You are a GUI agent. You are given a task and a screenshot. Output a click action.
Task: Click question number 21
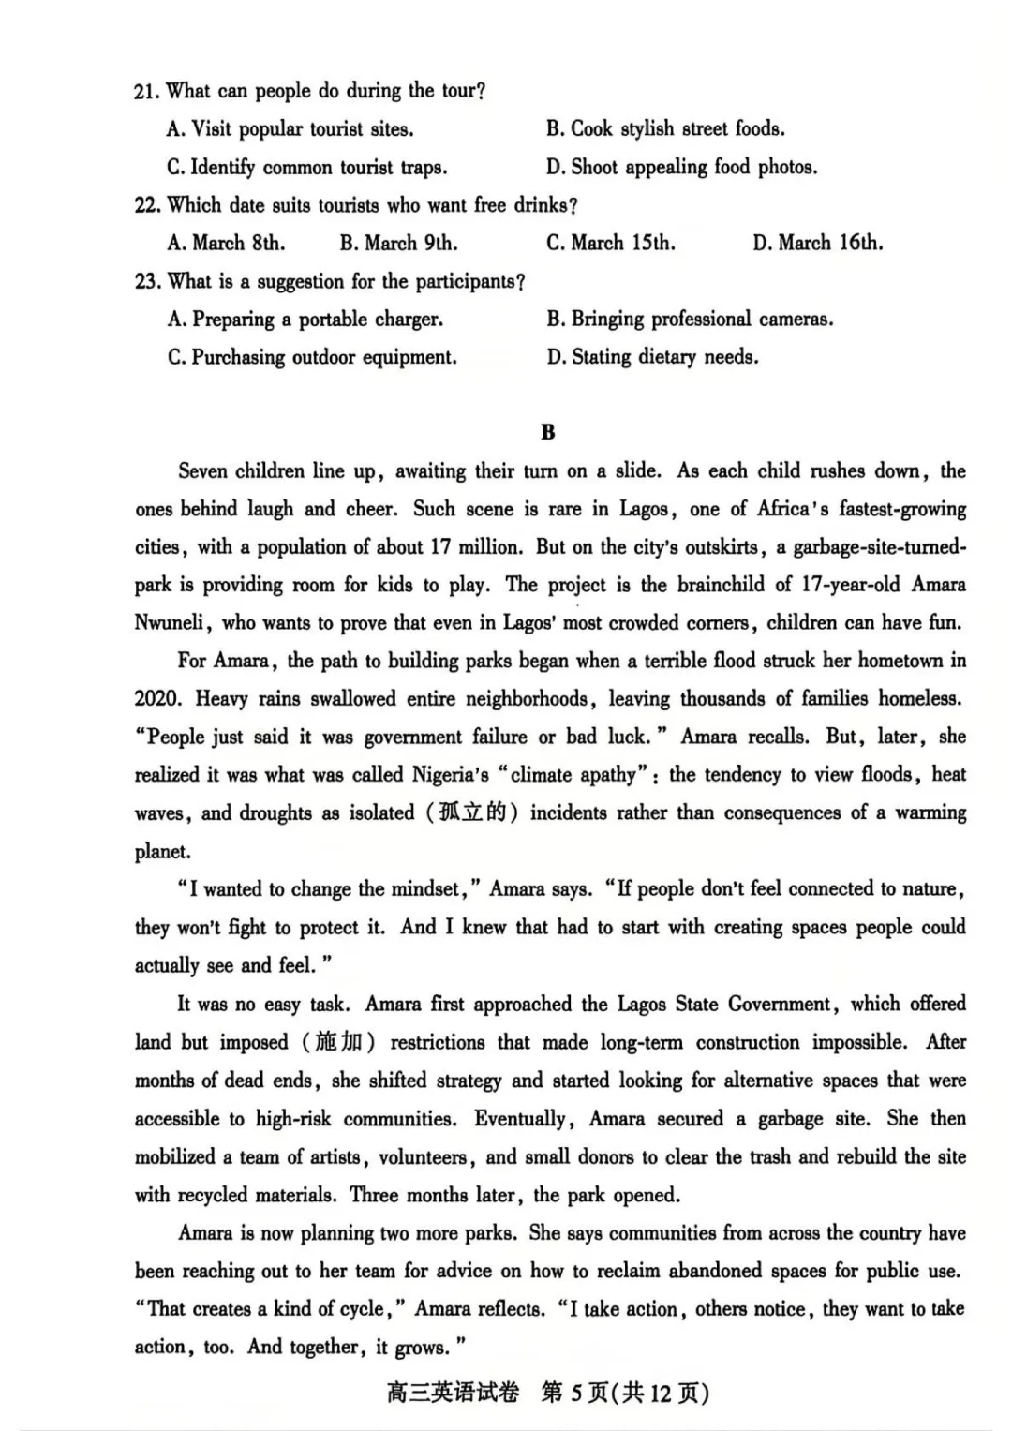point(147,91)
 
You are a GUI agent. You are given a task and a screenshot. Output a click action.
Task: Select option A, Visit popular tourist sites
point(290,129)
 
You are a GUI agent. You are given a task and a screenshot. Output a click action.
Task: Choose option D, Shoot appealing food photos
point(681,168)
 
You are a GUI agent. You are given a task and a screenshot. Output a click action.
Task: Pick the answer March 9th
point(398,244)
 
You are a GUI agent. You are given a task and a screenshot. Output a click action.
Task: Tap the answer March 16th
point(817,244)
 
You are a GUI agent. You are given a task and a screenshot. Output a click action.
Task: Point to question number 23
point(147,282)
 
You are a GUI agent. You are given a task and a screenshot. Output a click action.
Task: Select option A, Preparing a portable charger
point(305,320)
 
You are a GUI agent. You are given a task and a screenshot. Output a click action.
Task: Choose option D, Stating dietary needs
point(652,357)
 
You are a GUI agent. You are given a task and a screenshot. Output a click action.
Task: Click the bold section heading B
point(548,432)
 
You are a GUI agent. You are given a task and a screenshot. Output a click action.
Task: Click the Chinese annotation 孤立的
point(473,812)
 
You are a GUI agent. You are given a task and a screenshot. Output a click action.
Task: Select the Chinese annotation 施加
point(337,1042)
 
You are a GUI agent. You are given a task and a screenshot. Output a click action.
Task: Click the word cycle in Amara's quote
point(360,1309)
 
